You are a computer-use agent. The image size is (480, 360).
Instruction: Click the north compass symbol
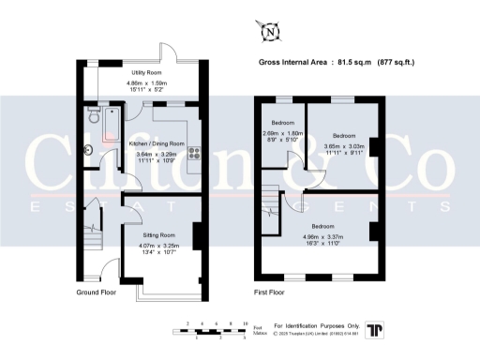pyautogui.click(x=270, y=32)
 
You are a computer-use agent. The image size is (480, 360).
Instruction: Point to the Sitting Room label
pyautogui.click(x=157, y=234)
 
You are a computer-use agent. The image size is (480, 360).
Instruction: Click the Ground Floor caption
pyautogui.click(x=96, y=292)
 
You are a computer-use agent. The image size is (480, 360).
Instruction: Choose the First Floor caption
pyautogui.click(x=270, y=292)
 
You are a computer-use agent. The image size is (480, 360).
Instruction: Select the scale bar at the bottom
pyautogui.click(x=217, y=329)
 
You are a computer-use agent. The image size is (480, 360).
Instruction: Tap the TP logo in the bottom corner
pyautogui.click(x=376, y=329)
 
